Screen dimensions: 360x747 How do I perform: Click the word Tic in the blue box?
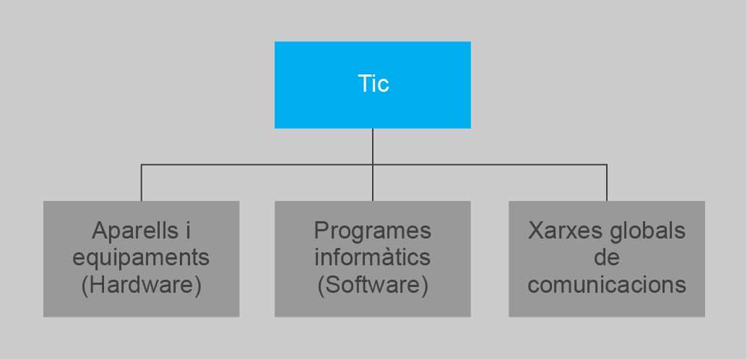(x=373, y=84)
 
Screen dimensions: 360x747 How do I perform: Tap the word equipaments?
(x=142, y=257)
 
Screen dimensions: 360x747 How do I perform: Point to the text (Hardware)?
(x=142, y=284)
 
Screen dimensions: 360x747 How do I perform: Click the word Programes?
(x=373, y=231)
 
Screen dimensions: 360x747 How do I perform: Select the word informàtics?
(x=373, y=257)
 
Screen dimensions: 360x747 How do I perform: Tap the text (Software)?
(x=373, y=284)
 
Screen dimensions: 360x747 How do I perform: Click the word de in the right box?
(x=607, y=257)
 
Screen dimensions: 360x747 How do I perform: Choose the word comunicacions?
(x=607, y=284)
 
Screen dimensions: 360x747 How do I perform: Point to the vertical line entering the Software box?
(x=373, y=184)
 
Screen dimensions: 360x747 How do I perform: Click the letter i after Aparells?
(x=188, y=231)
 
